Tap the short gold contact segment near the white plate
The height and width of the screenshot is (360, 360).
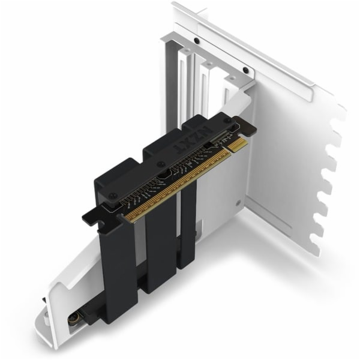click(x=238, y=146)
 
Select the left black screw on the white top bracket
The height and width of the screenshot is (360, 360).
click(x=196, y=41)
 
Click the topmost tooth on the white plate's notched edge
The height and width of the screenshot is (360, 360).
click(x=339, y=111)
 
